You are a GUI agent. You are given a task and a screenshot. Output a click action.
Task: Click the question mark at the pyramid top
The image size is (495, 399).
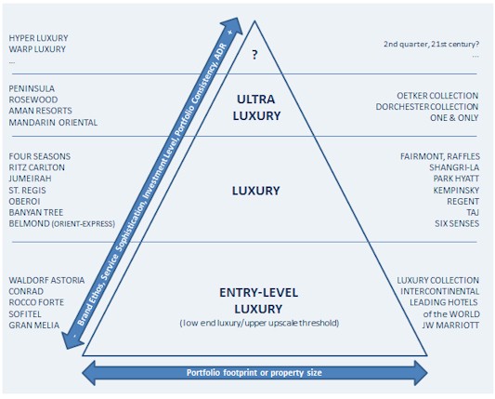pos(254,55)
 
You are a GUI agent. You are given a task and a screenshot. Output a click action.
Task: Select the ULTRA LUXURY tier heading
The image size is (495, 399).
pos(256,108)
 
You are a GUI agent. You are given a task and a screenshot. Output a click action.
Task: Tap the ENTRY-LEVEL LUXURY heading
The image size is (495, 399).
pos(258,300)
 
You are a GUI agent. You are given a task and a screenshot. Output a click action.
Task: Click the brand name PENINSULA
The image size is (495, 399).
pos(32,88)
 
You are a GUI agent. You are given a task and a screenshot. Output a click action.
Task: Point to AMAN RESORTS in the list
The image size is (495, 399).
pos(41,111)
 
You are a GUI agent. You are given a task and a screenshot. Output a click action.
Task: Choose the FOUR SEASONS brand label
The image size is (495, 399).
pos(40,156)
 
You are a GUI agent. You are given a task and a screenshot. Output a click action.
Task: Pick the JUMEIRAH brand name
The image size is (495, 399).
pos(30,179)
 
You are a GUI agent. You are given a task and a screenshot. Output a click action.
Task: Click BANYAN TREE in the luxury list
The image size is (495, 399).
pos(36,212)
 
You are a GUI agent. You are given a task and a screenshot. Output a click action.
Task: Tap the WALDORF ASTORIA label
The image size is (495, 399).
pos(46,281)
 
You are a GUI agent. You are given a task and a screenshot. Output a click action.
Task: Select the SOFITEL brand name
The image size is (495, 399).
pos(25,314)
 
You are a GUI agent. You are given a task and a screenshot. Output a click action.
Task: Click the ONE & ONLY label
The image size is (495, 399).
pos(454,117)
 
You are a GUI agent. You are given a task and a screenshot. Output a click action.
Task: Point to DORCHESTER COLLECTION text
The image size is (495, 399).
pos(427,107)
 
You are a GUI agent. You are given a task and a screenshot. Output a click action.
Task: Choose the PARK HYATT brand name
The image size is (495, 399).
pos(456,179)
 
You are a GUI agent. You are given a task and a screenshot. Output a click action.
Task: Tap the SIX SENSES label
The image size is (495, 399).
pos(457,223)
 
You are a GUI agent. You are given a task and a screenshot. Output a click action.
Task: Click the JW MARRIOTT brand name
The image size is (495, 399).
pos(450,325)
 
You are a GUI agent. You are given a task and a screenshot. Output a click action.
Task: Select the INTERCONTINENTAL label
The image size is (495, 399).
pos(440,291)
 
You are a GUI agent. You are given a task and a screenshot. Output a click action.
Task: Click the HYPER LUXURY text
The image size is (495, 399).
pos(38,38)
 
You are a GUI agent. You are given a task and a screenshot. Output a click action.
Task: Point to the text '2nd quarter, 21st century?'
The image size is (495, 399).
pos(431,44)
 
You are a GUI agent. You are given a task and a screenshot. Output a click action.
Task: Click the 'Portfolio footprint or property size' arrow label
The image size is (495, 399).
pos(254,373)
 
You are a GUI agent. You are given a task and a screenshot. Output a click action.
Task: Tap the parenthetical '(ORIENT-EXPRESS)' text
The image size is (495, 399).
pos(83,224)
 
